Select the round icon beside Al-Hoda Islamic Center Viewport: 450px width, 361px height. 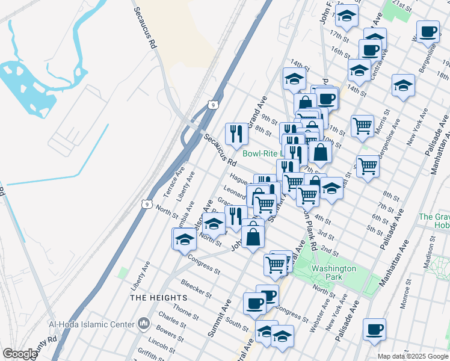click(x=143, y=324)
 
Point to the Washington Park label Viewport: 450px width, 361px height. click(x=334, y=273)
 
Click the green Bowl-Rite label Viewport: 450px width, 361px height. click(x=262, y=153)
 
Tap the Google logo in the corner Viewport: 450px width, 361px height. click(x=20, y=354)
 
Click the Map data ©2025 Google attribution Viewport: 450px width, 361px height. click(x=413, y=356)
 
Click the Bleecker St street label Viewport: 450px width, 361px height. click(x=196, y=288)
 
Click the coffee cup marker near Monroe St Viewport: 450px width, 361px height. click(x=374, y=330)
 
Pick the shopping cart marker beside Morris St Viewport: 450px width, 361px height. click(x=362, y=126)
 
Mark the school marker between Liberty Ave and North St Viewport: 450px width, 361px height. click(x=185, y=239)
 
